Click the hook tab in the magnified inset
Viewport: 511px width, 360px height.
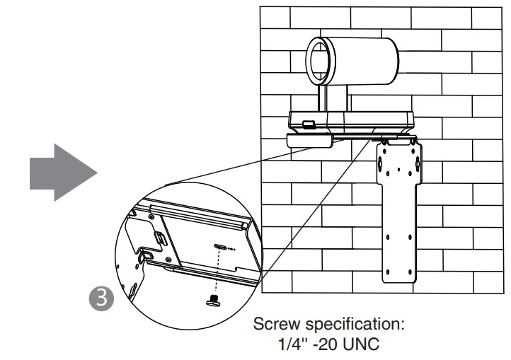coord(147,255)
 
